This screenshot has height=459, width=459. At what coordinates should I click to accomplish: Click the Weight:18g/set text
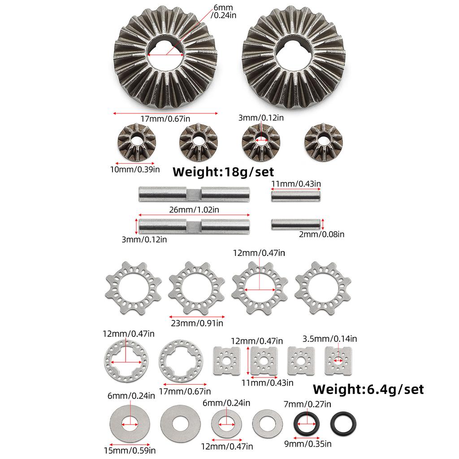(223, 172)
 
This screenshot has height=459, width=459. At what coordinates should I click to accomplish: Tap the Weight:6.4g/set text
(368, 389)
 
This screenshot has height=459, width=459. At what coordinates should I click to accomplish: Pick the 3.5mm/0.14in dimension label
(330, 338)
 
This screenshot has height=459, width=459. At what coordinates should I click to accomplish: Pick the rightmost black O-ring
(343, 423)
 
